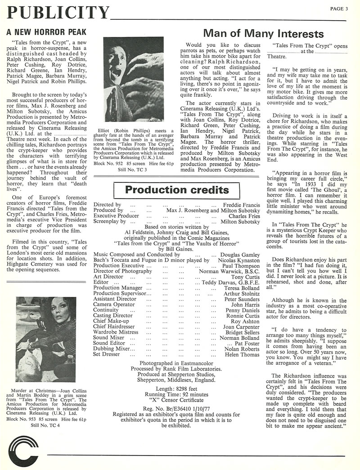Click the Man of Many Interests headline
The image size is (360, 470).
point(263,34)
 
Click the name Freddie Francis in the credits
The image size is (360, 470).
point(242,205)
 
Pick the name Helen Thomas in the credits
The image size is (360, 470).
point(243,354)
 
